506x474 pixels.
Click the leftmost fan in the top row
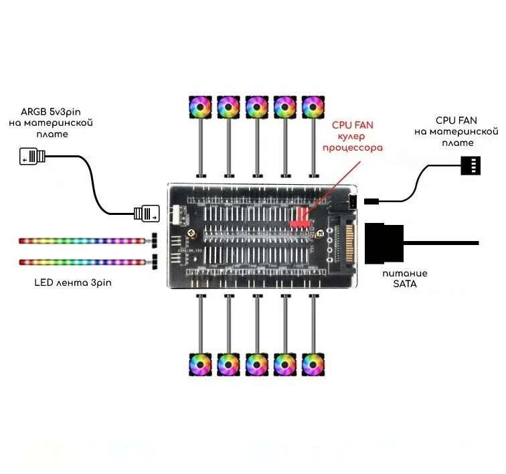pyautogui.click(x=200, y=106)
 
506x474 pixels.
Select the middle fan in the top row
pyautogui.click(x=256, y=106)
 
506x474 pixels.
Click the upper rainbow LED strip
pyautogui.click(x=80, y=239)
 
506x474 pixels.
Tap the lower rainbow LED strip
pyautogui.click(x=80, y=261)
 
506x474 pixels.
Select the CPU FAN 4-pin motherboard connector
pyautogui.click(x=471, y=165)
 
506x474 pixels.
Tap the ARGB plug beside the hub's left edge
pyautogui.click(x=147, y=214)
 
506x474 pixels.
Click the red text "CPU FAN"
pyautogui.click(x=353, y=125)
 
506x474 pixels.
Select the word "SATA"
pyautogui.click(x=405, y=284)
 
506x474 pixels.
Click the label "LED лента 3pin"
pyautogui.click(x=73, y=283)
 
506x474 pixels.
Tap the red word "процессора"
pyautogui.click(x=353, y=147)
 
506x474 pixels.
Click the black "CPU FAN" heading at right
pyautogui.click(x=457, y=121)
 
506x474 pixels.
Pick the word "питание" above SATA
pyautogui.click(x=405, y=273)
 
